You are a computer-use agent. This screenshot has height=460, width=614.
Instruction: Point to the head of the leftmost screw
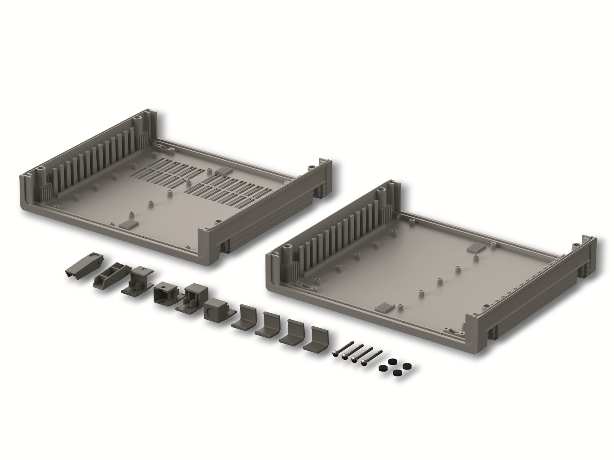338,352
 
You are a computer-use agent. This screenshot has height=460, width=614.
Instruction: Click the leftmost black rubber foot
382,368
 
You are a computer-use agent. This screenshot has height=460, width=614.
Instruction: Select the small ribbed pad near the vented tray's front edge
127,225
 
